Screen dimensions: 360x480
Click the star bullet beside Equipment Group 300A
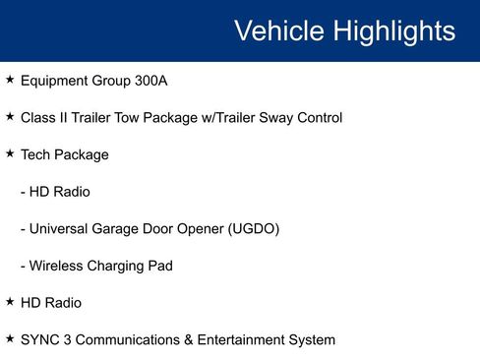[x=10, y=79]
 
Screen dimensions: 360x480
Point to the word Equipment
[x=54, y=81]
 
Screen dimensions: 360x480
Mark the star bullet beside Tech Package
[x=10, y=153]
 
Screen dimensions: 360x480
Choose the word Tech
[x=35, y=155]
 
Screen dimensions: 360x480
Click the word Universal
[x=62, y=229]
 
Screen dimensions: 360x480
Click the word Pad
[x=161, y=267]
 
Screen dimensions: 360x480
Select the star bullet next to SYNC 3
[x=10, y=338]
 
